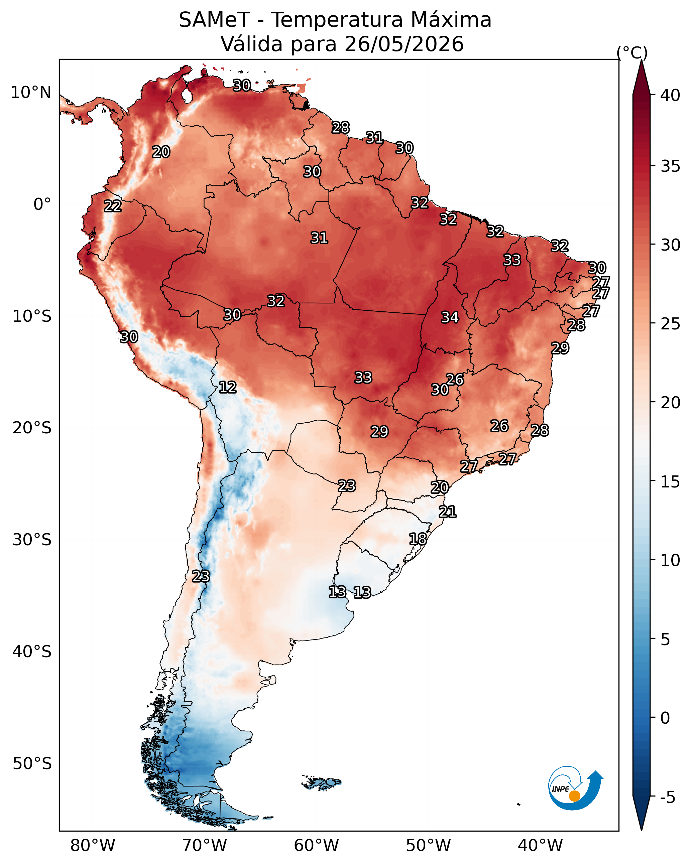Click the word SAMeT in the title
[215, 20]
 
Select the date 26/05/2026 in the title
[404, 44]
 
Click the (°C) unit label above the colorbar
[632, 52]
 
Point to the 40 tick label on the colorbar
[671, 95]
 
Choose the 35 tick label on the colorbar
[671, 166]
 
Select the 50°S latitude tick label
[32, 764]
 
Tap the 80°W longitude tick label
[93, 846]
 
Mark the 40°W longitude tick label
[540, 846]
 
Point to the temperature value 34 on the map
[450, 317]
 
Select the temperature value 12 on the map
[228, 387]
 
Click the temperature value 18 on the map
[418, 539]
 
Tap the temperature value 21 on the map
[448, 512]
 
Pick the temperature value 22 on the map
[113, 206]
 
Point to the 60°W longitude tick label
[317, 846]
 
